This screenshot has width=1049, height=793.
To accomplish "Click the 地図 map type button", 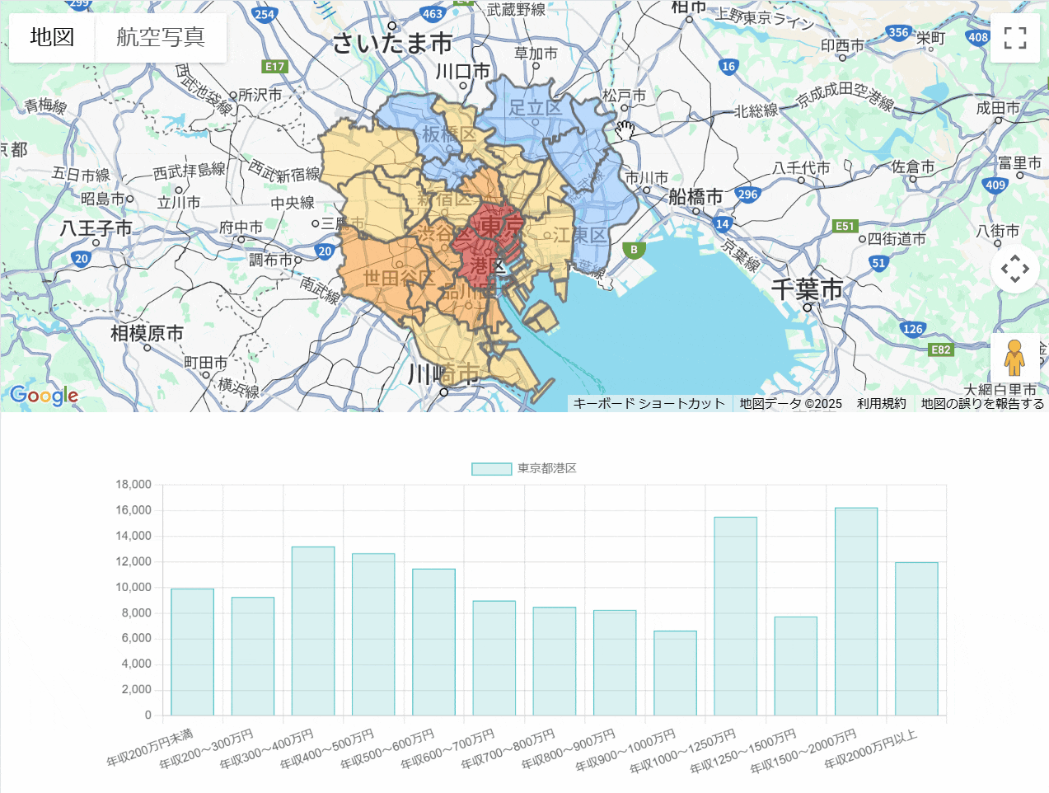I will coord(52,37).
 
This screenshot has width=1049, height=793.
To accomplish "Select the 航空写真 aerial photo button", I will coord(161,37).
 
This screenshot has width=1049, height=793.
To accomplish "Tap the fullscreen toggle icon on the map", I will coord(1015,38).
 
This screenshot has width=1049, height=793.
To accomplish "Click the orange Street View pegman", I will coord(1014,358).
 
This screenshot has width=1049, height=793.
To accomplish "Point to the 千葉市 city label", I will coord(807,289).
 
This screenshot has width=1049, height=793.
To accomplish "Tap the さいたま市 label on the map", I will coord(392,43).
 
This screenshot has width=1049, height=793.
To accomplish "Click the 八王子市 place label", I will coord(96,228).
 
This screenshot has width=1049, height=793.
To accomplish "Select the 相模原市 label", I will coord(148,333).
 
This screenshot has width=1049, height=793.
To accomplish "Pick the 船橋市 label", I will coord(695,196).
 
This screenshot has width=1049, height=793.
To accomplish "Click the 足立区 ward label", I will coord(535,107).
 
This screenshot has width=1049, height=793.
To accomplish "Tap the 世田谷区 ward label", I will coord(399,278).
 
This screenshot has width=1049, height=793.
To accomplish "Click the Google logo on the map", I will coord(44,396).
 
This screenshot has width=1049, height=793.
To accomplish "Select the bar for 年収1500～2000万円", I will coord(856,612).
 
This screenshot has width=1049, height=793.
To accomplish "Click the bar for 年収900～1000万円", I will coord(675,673).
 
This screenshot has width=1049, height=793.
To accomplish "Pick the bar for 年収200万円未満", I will coord(192,651).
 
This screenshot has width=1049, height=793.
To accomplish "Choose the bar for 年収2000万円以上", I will coord(916,639).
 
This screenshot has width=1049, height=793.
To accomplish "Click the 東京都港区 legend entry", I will coord(524,468).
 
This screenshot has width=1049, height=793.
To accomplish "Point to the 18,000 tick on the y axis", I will coord(133,485).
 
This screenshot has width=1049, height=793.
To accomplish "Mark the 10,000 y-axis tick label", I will coord(133,587).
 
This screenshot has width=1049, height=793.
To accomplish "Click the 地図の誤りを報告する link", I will coord(982,403).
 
